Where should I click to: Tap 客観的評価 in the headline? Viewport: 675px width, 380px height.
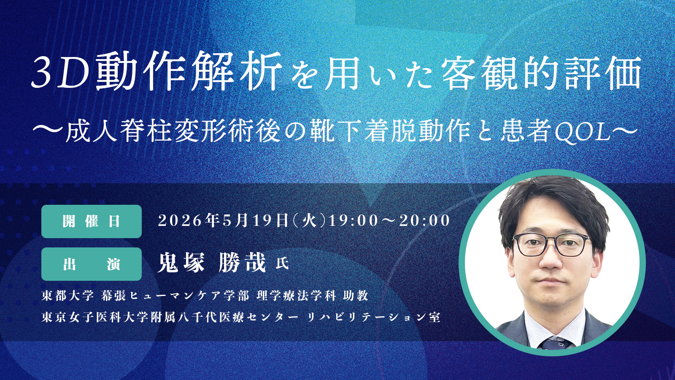[541, 73]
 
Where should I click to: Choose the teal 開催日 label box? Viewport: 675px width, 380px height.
[92, 222]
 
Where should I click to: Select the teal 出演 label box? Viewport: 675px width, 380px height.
[92, 264]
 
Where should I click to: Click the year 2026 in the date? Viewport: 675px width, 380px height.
[180, 221]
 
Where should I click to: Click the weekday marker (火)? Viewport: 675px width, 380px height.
[309, 221]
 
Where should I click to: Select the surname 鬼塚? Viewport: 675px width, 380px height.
[181, 263]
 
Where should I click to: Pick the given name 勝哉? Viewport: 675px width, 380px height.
[243, 263]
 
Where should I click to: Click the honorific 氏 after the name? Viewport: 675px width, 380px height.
[282, 263]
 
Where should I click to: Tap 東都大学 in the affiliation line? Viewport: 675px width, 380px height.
[67, 296]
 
